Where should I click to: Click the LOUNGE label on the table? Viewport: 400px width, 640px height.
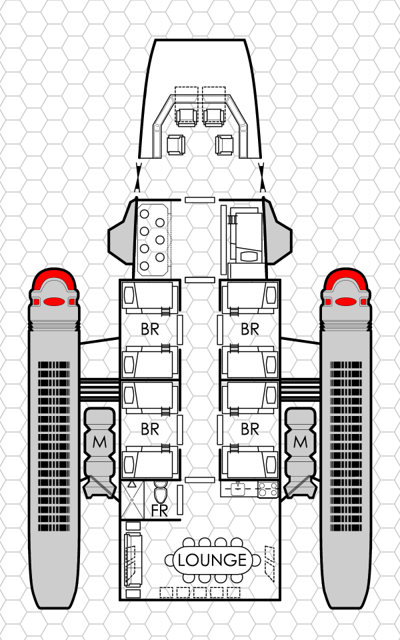(213, 560)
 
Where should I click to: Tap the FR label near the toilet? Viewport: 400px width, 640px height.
(159, 511)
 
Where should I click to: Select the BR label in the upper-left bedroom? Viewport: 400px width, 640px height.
(150, 329)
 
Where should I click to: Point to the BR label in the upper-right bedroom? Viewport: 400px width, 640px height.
(250, 329)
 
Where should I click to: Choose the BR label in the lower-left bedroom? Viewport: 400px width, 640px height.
(150, 429)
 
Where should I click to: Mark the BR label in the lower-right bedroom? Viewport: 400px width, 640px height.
(250, 429)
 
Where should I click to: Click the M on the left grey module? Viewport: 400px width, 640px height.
(100, 441)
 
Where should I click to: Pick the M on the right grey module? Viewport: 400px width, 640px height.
(300, 441)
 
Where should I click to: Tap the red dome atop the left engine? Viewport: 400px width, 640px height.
(55, 287)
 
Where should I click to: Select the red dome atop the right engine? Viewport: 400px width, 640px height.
(345, 287)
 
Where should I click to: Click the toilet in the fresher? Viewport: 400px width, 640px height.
(161, 493)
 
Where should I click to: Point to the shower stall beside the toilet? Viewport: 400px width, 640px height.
(132, 499)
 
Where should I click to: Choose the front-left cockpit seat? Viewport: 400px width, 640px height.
(185, 116)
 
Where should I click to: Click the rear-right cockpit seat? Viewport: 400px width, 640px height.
(225, 144)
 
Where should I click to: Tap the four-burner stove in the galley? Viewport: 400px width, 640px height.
(267, 490)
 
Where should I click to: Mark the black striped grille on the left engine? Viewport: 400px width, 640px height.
(55, 447)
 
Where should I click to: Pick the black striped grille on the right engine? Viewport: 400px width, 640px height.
(345, 447)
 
